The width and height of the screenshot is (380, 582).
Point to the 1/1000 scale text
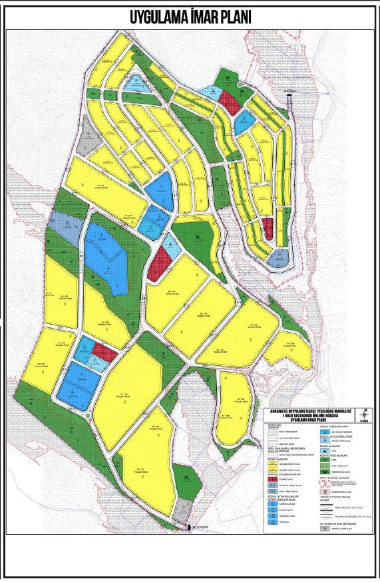[365, 420]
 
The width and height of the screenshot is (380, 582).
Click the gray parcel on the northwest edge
[85, 142]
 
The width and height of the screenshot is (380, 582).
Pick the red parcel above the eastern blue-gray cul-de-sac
[268, 228]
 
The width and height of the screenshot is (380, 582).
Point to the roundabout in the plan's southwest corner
[89, 416]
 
